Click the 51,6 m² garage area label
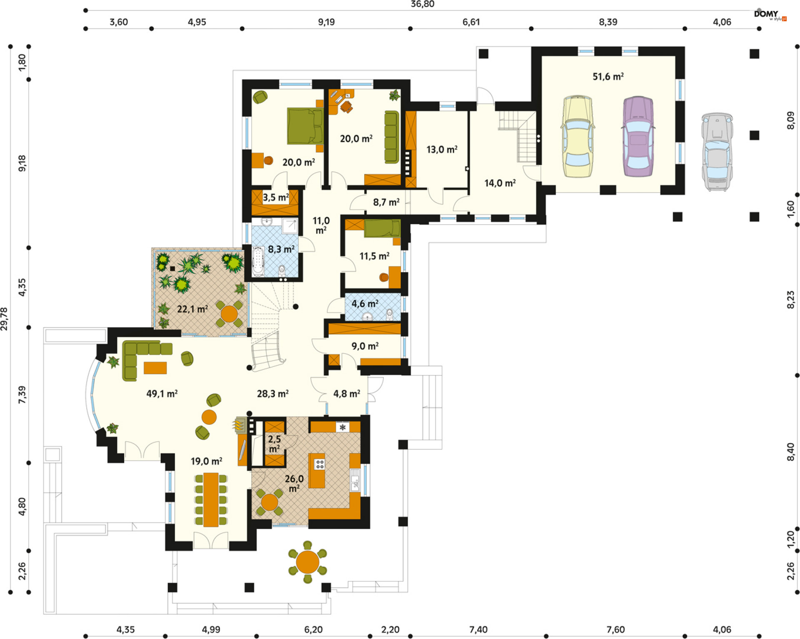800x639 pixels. pyautogui.click(x=608, y=76)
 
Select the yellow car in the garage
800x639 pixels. pyautogui.click(x=577, y=136)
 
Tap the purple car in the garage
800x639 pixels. pyautogui.click(x=638, y=136)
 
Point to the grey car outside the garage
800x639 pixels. pyautogui.click(x=717, y=151)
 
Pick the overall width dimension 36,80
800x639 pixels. pyautogui.click(x=422, y=4)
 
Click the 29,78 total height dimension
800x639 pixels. pyautogui.click(x=4, y=319)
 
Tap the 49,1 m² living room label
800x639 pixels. pyautogui.click(x=162, y=393)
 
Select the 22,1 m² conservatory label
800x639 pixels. pyautogui.click(x=192, y=309)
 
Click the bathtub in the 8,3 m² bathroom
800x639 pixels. pyautogui.click(x=258, y=261)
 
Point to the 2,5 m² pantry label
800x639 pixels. pyautogui.click(x=274, y=444)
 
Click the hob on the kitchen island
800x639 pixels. pyautogui.click(x=320, y=464)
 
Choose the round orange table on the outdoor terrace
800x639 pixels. pyautogui.click(x=307, y=562)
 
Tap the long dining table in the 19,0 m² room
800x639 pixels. pyautogui.click(x=211, y=499)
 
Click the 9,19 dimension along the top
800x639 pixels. pyautogui.click(x=326, y=22)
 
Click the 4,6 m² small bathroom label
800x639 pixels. pyautogui.click(x=365, y=303)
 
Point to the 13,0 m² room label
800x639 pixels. pyautogui.click(x=442, y=149)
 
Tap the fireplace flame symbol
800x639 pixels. pyautogui.click(x=238, y=425)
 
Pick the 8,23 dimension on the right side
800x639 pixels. pyautogui.click(x=790, y=300)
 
